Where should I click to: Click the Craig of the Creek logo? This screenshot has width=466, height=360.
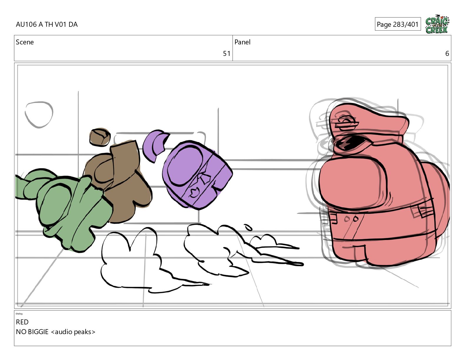pos(437,24)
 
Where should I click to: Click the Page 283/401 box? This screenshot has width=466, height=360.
pos(398,24)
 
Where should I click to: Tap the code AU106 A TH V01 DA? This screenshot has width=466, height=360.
pos(47,24)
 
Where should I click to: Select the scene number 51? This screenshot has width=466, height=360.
pos(227,54)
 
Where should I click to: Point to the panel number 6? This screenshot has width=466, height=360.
pos(447,54)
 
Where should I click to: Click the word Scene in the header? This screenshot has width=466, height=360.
pos(25,42)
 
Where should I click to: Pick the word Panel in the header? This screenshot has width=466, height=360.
pos(242,42)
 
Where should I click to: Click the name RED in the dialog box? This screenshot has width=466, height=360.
pos(22,322)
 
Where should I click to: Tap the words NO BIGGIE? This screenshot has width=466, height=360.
pos(32,332)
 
